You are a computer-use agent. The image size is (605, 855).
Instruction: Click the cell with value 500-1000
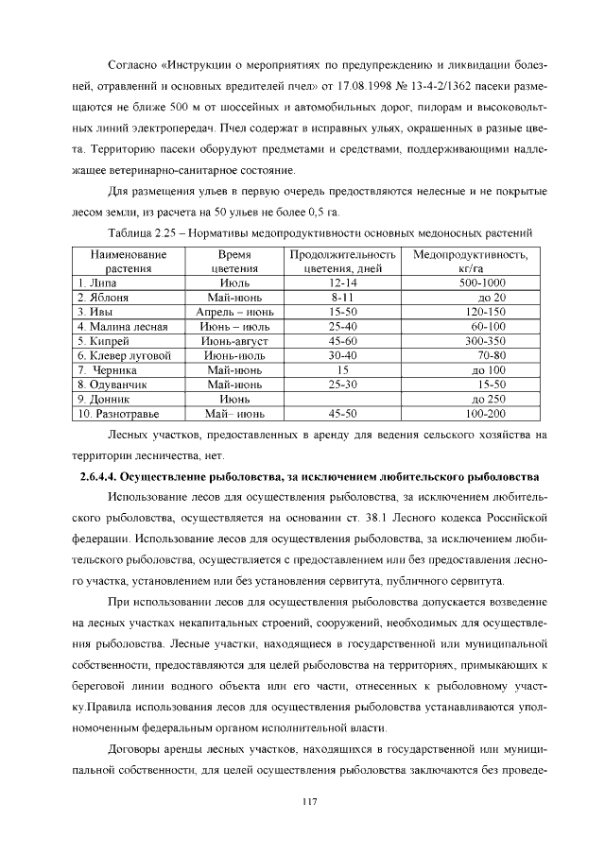pos(482,282)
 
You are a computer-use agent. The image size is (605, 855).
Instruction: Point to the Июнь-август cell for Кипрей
pos(233,341)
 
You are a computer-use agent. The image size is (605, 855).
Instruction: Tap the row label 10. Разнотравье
pos(118,414)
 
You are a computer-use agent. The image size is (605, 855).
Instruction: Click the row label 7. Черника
pos(108,370)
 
